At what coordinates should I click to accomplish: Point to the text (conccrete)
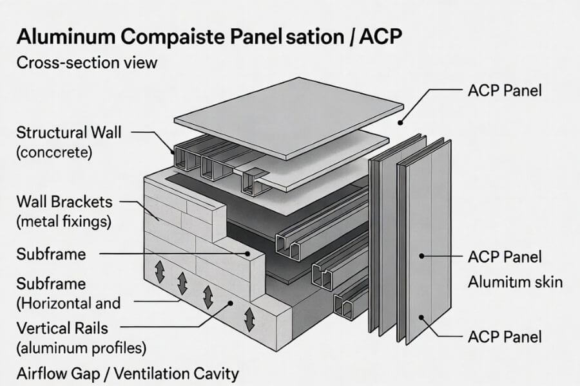[55, 153]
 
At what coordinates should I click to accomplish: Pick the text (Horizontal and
[68, 302]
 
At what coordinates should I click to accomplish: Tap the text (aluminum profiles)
[81, 349]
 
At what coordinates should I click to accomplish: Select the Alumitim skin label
[516, 282]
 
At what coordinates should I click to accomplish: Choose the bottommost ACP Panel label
[505, 336]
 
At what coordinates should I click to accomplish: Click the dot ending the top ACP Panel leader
[400, 122]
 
